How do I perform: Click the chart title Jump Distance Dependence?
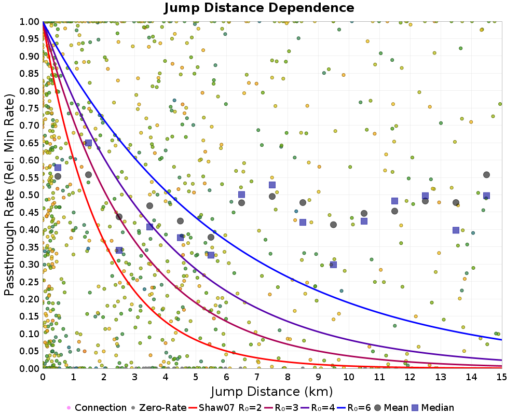coord(259,8)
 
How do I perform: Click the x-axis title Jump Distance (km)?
coord(272,391)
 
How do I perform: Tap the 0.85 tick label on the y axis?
coord(30,74)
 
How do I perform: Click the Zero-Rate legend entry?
coord(159,408)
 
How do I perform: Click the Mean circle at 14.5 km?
coord(486,175)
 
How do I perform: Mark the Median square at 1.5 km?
coord(88,143)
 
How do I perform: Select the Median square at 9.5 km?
coord(333,265)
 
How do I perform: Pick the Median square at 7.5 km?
coord(272,185)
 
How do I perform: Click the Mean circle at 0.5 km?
coord(58,176)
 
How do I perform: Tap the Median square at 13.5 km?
coord(456,230)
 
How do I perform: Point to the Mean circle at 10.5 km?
coord(364,213)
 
